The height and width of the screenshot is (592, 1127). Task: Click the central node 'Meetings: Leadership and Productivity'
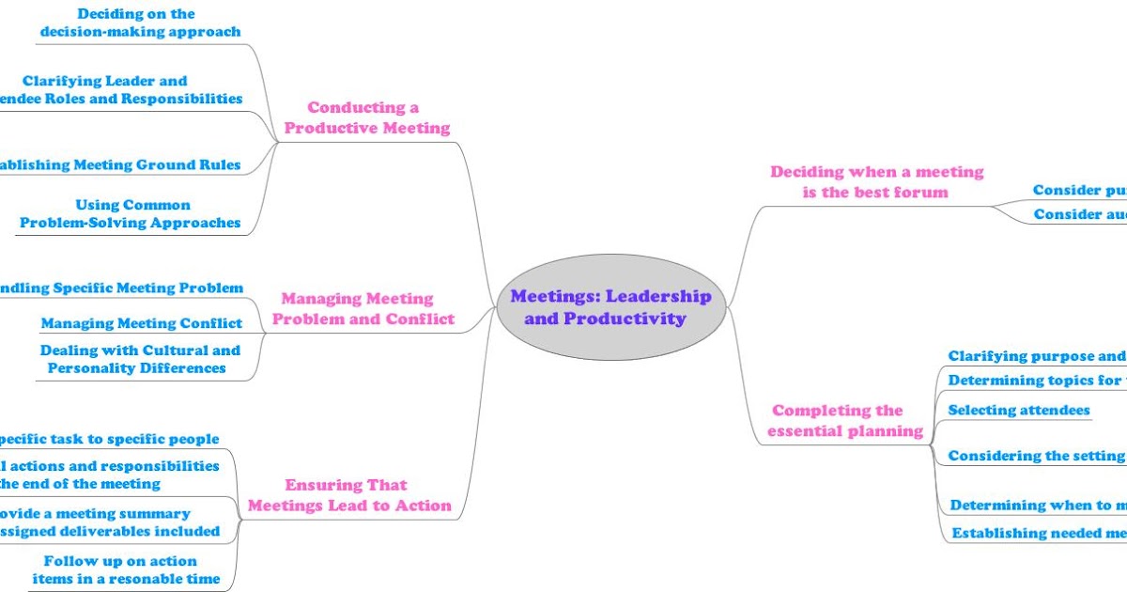(x=610, y=307)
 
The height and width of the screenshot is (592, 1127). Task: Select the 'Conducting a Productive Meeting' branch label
(x=366, y=117)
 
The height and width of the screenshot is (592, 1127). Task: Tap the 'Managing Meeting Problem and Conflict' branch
(x=363, y=308)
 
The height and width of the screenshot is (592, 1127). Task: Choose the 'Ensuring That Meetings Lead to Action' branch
(x=348, y=495)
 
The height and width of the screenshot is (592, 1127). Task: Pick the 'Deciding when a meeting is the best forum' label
(x=876, y=181)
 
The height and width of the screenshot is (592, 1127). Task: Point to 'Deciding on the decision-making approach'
(x=140, y=23)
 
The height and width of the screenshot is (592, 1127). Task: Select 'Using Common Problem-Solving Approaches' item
(x=131, y=213)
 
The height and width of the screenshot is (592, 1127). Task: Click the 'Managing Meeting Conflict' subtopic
(x=141, y=323)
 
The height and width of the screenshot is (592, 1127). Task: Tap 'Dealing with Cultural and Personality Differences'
(x=139, y=359)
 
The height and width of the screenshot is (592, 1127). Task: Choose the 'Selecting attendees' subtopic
(x=1019, y=410)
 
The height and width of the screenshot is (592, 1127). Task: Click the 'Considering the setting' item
(x=1036, y=456)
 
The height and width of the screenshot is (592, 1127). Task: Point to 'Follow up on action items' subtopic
(x=126, y=569)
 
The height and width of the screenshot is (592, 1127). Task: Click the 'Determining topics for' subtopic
(x=1034, y=381)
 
